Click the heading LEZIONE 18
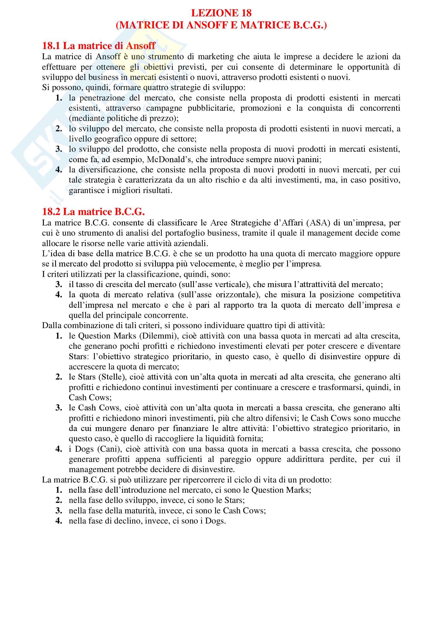pos(221,13)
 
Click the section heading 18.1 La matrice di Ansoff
pos(99,46)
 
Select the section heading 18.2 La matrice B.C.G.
pos(93,212)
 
